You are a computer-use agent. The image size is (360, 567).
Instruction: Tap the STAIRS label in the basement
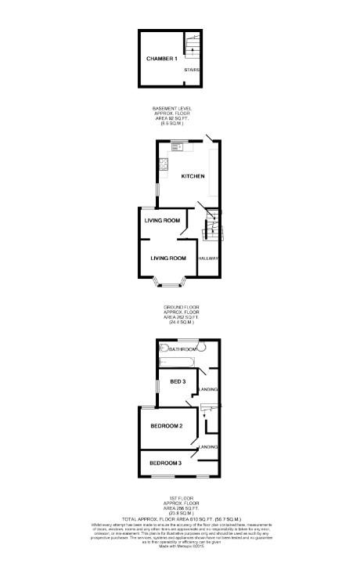(x=192, y=70)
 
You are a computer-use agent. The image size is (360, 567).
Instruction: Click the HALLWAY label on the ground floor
(x=208, y=258)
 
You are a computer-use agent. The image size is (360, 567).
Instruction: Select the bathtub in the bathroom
(x=178, y=362)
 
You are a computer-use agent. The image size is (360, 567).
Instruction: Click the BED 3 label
(x=178, y=381)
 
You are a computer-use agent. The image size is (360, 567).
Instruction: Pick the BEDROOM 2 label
(x=166, y=426)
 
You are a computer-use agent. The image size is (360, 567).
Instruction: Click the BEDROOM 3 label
(x=166, y=462)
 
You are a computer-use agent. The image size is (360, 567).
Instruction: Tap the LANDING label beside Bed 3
(x=209, y=389)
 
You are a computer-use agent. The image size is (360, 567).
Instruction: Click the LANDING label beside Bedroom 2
(x=208, y=446)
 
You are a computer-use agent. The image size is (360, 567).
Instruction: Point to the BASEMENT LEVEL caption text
(x=172, y=108)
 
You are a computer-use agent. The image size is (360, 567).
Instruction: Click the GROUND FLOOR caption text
(x=180, y=305)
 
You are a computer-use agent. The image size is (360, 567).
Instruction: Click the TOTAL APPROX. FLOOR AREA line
(x=180, y=519)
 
